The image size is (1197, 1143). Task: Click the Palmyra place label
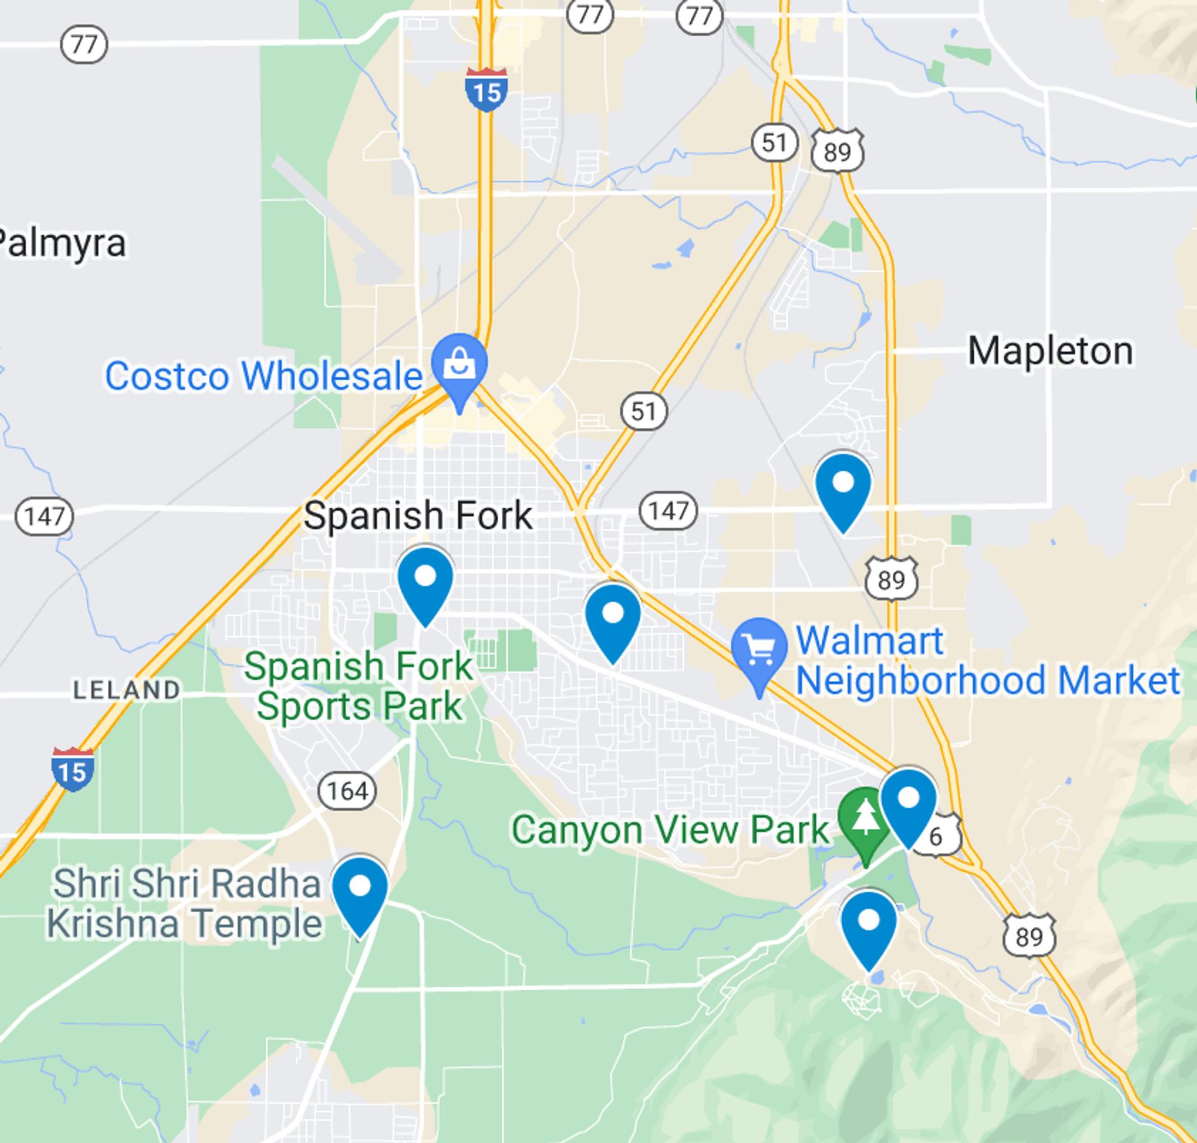pyautogui.click(x=62, y=243)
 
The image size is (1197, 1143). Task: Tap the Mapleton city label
pyautogui.click(x=1050, y=351)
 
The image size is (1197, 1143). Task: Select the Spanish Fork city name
pyautogui.click(x=418, y=516)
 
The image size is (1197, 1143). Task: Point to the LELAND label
pyautogui.click(x=127, y=690)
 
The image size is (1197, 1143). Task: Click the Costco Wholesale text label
pyautogui.click(x=263, y=376)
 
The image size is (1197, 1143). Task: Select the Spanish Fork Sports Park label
pyautogui.click(x=358, y=686)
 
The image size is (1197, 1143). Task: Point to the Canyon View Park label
pyautogui.click(x=670, y=830)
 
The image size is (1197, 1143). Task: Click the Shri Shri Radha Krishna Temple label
pyautogui.click(x=185, y=904)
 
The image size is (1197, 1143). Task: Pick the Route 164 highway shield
pyautogui.click(x=347, y=791)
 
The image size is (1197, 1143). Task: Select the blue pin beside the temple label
pyautogui.click(x=360, y=890)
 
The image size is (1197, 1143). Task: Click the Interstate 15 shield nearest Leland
pyautogui.click(x=73, y=769)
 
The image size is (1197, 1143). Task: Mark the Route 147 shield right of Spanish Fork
pyautogui.click(x=668, y=511)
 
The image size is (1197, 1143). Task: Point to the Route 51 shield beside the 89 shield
pyautogui.click(x=774, y=143)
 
